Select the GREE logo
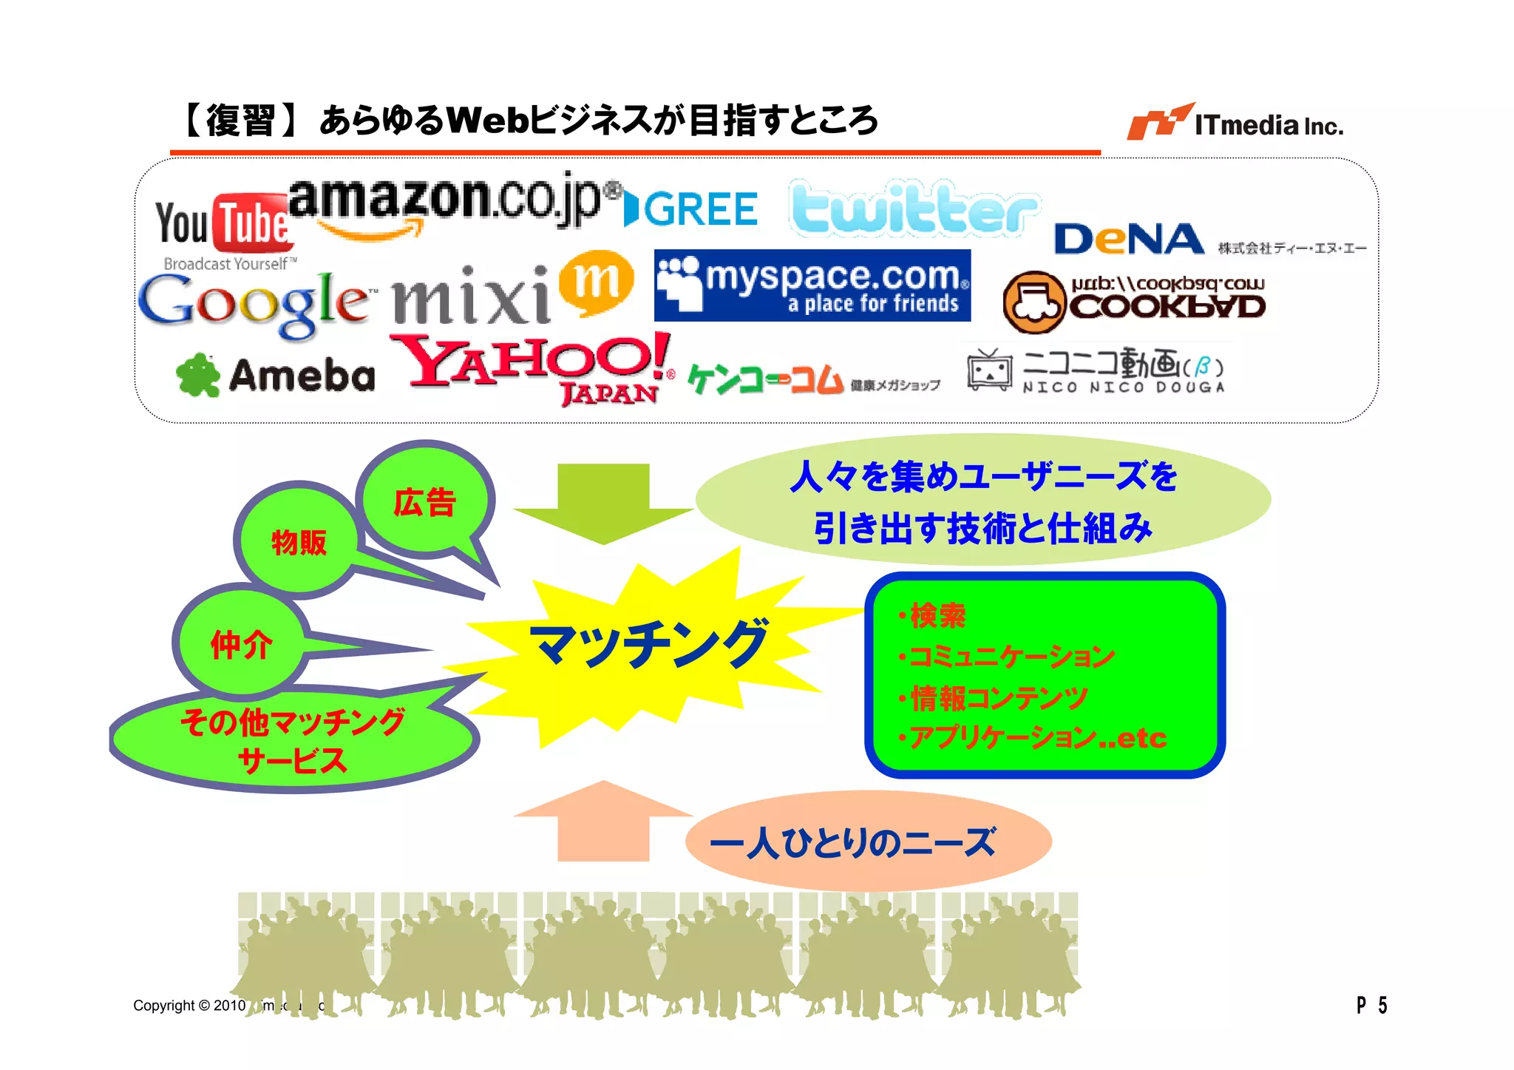pos(691,209)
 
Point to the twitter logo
pos(914,209)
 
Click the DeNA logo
pos(1129,239)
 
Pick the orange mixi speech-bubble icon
pos(596,282)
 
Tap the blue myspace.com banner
pos(812,285)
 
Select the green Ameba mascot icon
pos(198,375)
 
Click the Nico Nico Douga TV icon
pos(989,369)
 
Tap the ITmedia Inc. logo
pos(1235,123)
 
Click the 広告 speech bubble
pos(425,503)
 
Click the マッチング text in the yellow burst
pos(649,643)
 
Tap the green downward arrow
pos(603,503)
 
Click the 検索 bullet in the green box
pos(937,615)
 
